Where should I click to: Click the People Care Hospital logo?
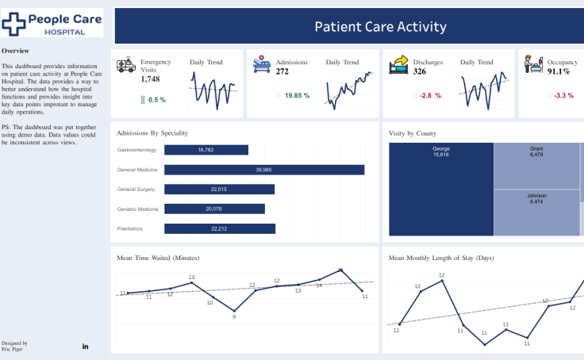pos(52,23)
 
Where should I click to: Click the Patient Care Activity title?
pos(380,27)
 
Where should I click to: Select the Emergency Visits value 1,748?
pos(151,79)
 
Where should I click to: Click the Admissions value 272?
pos(282,72)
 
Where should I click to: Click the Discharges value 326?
pos(421,72)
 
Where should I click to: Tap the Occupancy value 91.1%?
pos(561,72)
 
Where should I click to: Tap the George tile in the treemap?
pos(441,190)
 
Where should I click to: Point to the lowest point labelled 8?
pos(234,311)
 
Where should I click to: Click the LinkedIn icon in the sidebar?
pos(85,346)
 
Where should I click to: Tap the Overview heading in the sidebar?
pos(15,50)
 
